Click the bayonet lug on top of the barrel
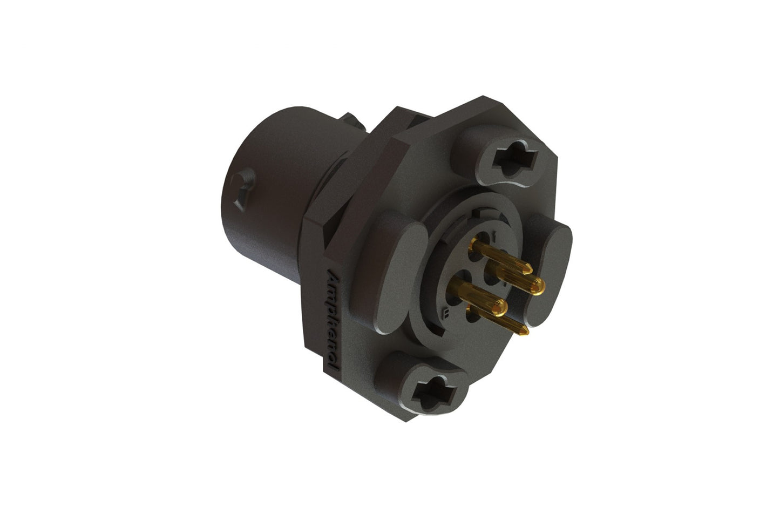click(x=351, y=122)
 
